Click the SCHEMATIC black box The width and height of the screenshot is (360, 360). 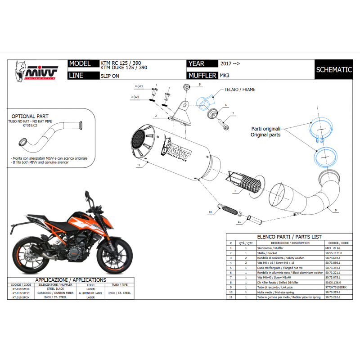coord(333,70)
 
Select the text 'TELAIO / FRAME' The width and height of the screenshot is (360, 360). coord(239,90)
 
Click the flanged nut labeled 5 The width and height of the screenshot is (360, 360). coord(186,85)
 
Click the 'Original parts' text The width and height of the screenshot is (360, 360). coord(266,135)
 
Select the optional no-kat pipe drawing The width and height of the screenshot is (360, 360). coord(49,135)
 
